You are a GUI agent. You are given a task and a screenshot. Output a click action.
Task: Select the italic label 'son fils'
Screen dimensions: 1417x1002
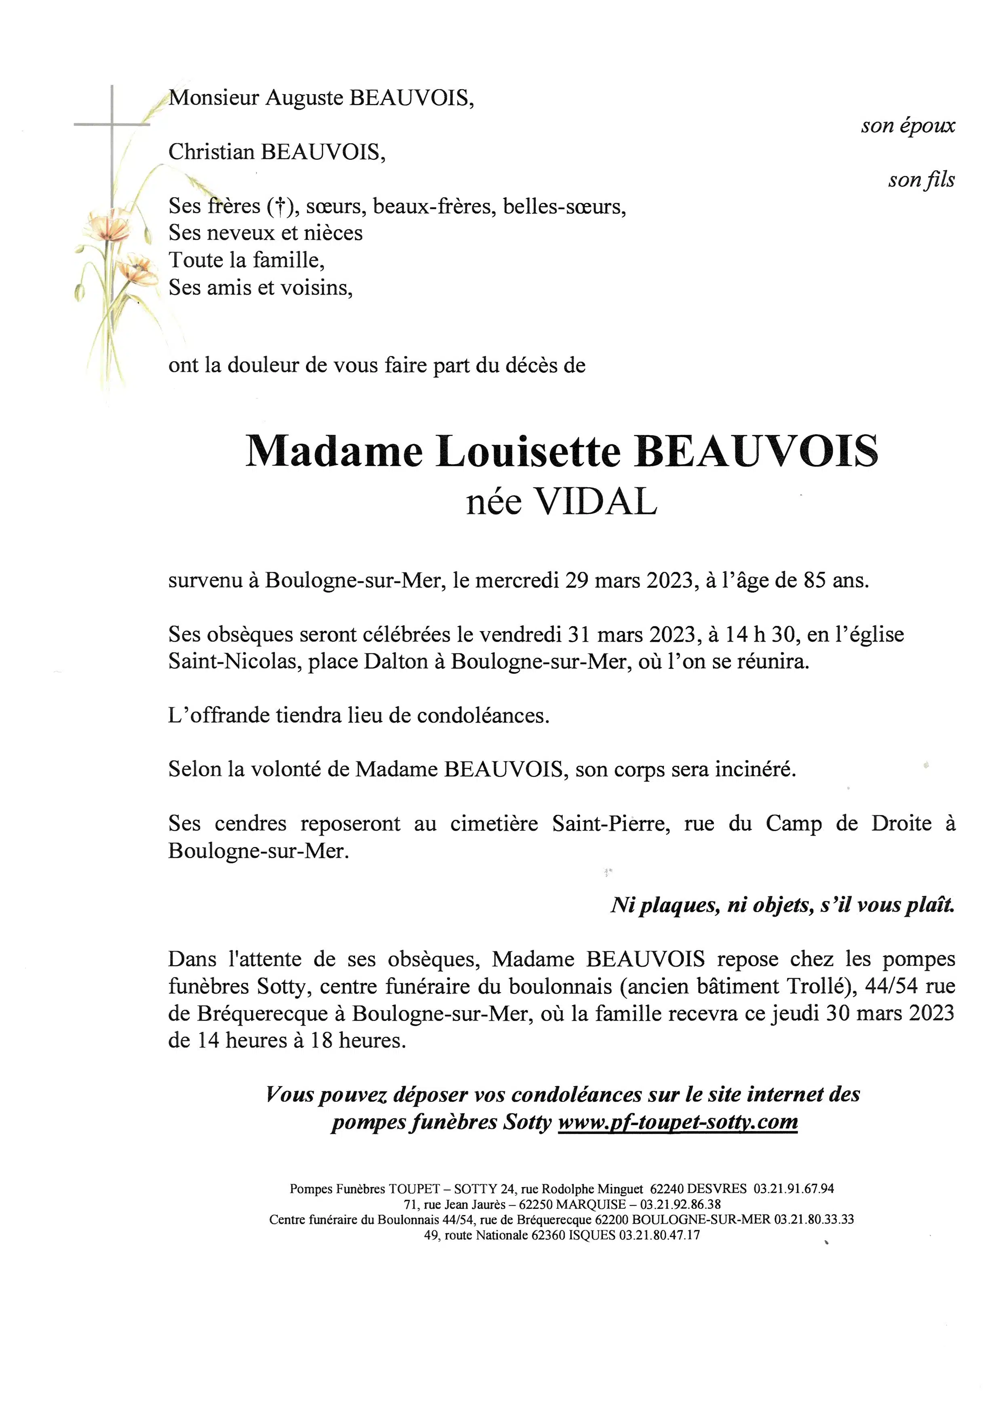[921, 179]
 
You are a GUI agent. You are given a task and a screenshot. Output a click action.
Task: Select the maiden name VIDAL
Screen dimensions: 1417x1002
[596, 502]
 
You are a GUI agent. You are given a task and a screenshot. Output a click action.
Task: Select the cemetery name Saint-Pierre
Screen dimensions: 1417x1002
[611, 824]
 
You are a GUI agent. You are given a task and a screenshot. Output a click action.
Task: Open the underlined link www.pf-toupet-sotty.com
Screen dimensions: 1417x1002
[678, 1121]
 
